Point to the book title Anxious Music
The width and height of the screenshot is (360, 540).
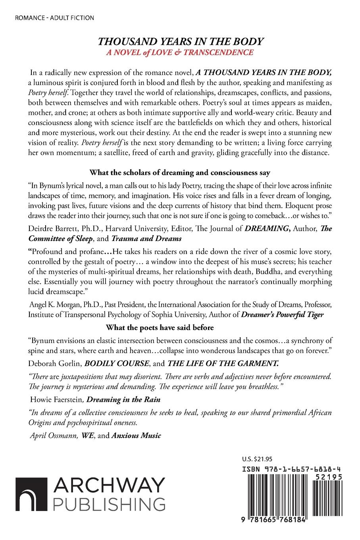[136, 436]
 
